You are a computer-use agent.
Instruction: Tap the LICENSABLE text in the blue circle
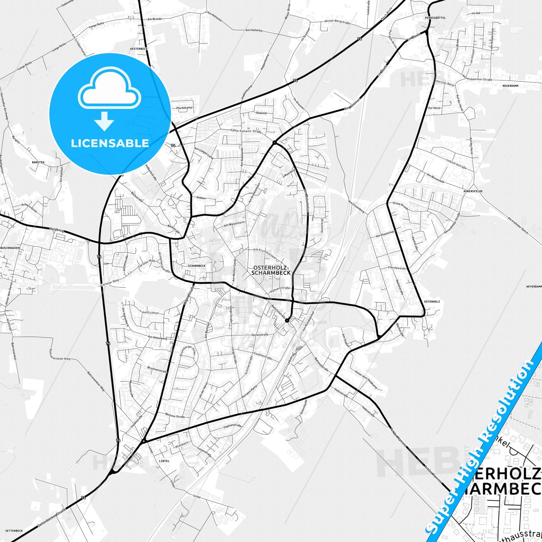(110, 143)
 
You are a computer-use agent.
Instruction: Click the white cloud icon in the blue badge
(109, 90)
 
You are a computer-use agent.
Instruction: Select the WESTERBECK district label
(139, 49)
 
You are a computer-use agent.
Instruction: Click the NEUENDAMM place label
(510, 86)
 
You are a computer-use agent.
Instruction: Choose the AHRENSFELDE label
(473, 191)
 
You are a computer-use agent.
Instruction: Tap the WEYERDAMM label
(534, 286)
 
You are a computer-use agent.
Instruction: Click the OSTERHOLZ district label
(432, 302)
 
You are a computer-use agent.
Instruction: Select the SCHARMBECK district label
(197, 266)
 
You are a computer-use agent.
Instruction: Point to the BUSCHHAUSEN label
(10, 248)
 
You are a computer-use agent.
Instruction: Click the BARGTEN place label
(38, 162)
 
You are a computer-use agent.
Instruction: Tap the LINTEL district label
(164, 461)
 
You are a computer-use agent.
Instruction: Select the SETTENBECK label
(14, 531)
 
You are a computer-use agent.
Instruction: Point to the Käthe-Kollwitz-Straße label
(246, 131)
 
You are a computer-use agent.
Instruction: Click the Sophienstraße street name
(232, 426)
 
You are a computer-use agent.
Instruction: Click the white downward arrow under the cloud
(104, 121)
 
